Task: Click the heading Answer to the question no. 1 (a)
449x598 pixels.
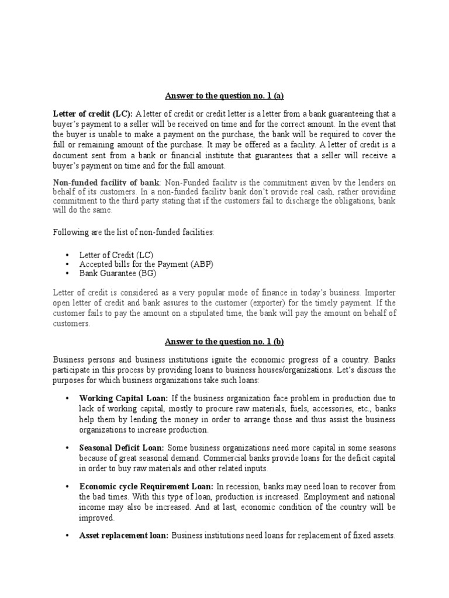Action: click(224, 96)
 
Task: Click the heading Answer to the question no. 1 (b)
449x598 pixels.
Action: click(224, 342)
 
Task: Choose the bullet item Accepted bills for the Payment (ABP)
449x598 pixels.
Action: click(146, 264)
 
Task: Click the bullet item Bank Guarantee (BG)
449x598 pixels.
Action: click(118, 273)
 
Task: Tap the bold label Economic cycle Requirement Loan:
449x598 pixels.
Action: click(147, 486)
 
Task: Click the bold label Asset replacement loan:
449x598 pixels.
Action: click(124, 535)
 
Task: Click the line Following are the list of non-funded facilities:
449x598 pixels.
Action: click(134, 232)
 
